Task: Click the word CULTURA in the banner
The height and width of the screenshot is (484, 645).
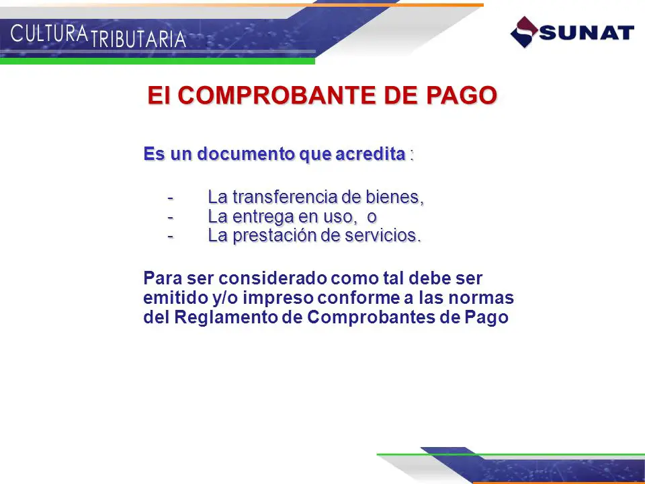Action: coord(49,34)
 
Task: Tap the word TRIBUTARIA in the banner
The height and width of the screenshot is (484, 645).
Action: coord(138,39)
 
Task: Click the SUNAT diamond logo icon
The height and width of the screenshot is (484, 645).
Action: coord(524,32)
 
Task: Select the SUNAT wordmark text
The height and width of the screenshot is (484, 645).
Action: coord(587,32)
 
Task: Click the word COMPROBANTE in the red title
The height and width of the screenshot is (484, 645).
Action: coord(277,95)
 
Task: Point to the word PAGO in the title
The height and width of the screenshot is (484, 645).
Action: coord(462,95)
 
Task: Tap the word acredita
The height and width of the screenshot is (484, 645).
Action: coord(371,155)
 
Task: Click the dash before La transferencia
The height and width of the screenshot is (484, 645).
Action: coord(170,198)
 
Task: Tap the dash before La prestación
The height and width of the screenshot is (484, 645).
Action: coord(170,237)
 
